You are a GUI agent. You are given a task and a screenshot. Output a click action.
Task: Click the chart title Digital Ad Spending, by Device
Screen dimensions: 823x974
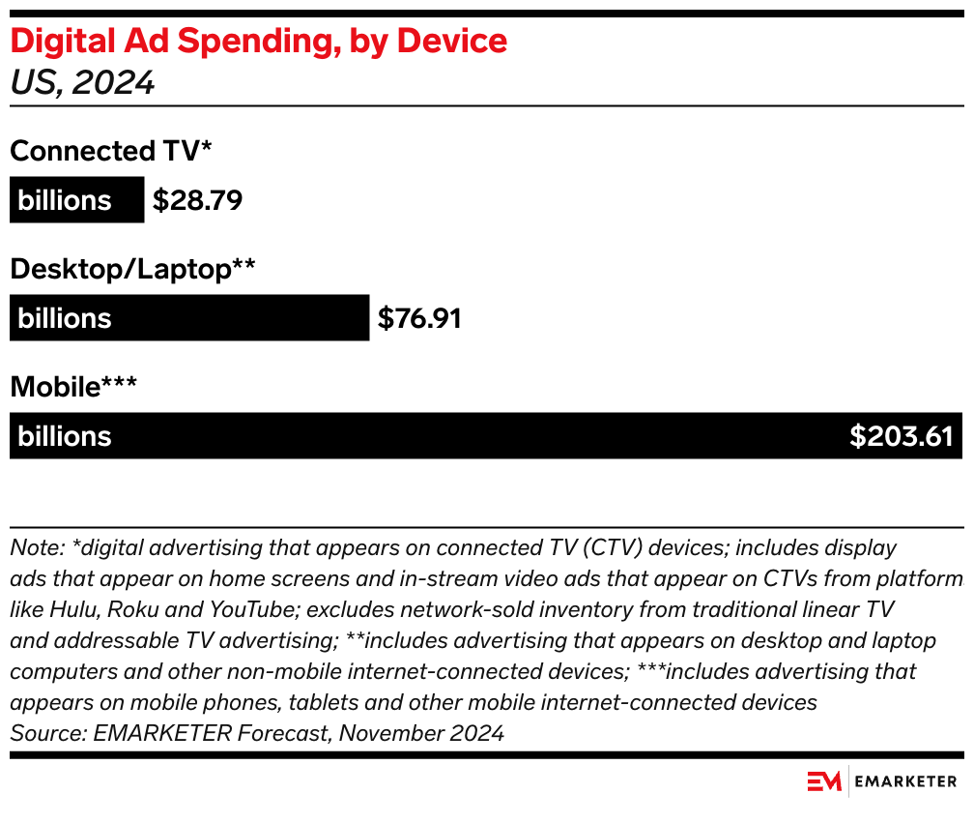[x=258, y=42]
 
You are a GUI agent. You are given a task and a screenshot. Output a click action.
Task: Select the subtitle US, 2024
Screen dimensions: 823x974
[x=82, y=83]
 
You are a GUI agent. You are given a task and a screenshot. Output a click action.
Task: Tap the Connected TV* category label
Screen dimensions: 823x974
[x=110, y=151]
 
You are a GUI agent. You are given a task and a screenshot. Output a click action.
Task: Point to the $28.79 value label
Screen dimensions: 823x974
[x=197, y=200]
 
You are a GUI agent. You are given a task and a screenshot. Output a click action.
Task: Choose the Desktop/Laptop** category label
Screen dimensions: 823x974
[x=132, y=269]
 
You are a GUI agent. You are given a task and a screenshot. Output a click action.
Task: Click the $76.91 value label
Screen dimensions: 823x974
[x=418, y=318]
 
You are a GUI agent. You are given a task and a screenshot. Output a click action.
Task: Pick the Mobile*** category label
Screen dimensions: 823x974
[x=73, y=387]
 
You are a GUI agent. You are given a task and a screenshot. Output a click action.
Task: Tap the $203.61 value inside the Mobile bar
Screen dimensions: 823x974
[x=901, y=436]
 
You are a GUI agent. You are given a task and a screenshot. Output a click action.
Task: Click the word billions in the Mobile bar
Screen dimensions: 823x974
[x=65, y=436]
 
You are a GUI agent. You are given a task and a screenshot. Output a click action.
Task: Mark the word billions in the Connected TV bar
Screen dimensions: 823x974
[x=65, y=200]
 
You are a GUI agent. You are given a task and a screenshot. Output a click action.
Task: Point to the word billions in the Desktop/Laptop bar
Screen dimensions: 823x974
[x=65, y=318]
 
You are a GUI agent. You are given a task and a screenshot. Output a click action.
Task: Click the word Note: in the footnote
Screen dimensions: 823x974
[x=37, y=547]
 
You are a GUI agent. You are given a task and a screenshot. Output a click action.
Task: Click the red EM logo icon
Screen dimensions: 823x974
[x=824, y=780]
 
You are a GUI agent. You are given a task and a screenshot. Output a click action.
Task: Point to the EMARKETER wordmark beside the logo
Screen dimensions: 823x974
[x=906, y=780]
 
